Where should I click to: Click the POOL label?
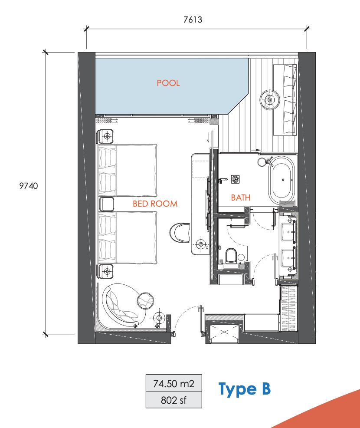coord(168,83)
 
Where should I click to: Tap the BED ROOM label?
coord(155,204)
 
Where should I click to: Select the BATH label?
coord(241,198)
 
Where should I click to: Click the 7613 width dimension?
coord(193,20)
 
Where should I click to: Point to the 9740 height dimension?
coord(29,186)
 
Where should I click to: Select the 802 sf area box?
coord(174,400)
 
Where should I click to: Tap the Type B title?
coord(244,389)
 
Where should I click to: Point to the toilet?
coord(231,256)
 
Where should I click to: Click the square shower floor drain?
coord(236,179)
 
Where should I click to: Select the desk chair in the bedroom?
coord(180,233)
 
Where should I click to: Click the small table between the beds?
coord(107,204)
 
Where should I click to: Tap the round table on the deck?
coord(270,100)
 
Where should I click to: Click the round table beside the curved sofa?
coord(145,300)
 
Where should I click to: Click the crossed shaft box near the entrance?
coord(224,332)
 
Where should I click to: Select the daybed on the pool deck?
coord(285,100)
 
